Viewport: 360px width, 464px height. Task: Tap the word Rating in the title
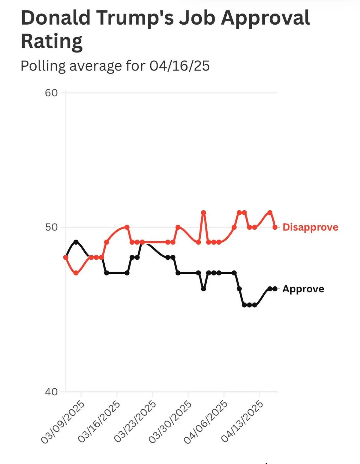point(51,41)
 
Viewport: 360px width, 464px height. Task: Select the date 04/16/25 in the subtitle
point(179,66)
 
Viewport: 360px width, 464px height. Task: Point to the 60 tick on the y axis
point(51,93)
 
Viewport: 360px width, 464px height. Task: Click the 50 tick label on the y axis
point(51,227)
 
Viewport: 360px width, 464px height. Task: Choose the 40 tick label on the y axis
point(51,392)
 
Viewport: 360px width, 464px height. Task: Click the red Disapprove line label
point(310,227)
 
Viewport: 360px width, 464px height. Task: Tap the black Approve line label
point(303,289)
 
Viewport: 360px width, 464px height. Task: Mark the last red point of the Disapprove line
point(275,227)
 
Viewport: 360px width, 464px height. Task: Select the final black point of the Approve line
point(275,289)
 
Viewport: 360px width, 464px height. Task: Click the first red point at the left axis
point(66,257)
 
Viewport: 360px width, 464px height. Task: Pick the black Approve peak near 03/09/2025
point(76,242)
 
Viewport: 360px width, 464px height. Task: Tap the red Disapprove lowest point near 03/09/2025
point(76,273)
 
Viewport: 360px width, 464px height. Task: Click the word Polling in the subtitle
point(43,66)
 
